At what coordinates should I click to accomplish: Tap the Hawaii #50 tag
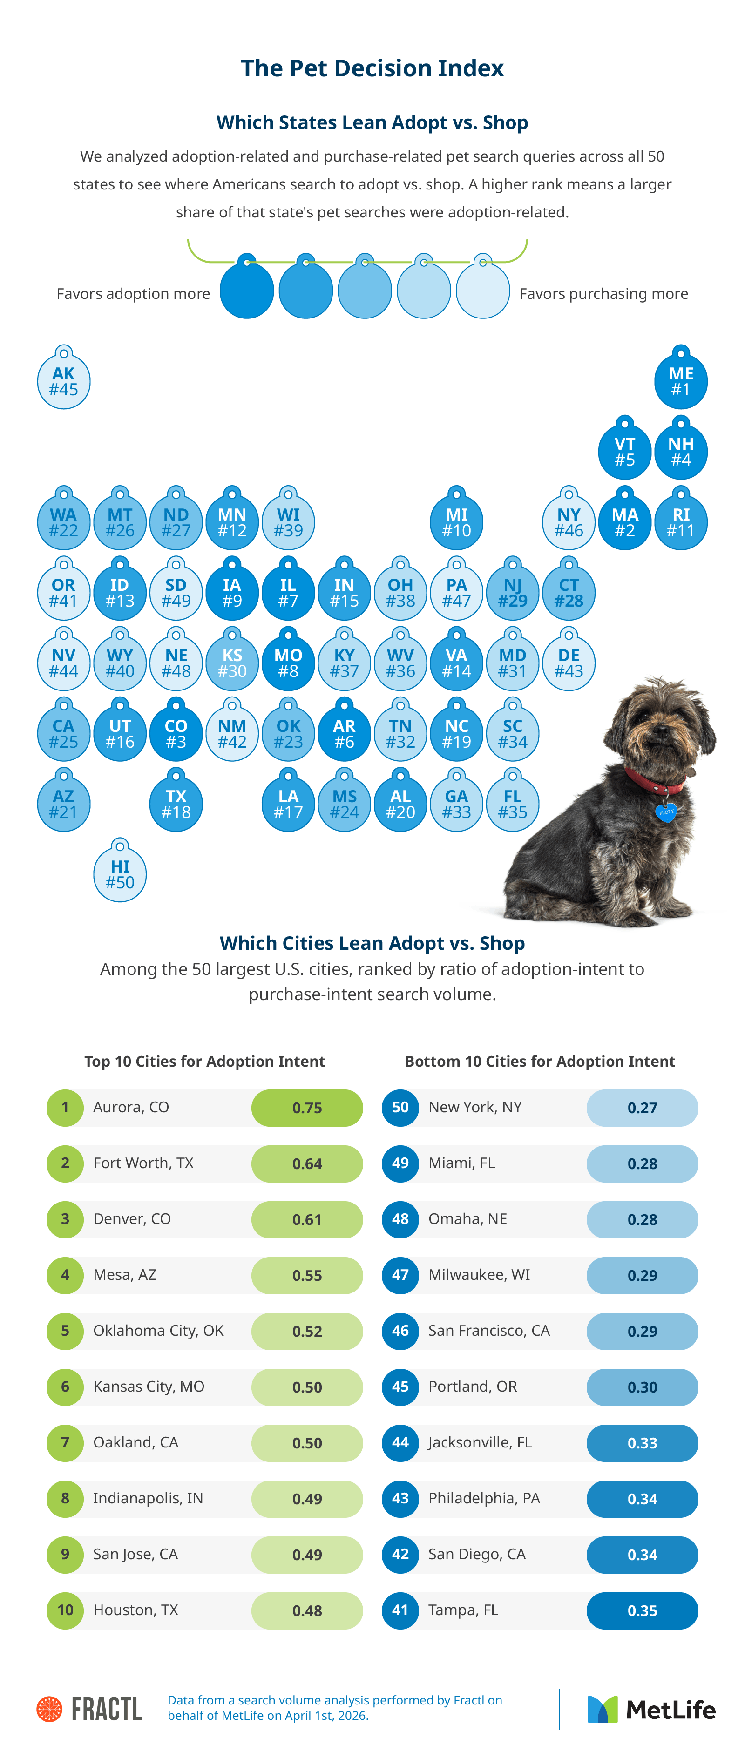(120, 874)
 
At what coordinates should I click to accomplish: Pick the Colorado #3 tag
(176, 734)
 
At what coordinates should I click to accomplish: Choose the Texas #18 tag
(176, 804)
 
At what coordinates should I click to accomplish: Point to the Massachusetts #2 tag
(624, 522)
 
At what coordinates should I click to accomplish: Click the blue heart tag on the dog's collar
(666, 812)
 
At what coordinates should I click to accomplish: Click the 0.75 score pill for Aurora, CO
(307, 1108)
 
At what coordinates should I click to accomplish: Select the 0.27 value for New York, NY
(642, 1108)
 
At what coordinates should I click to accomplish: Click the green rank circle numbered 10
(65, 1610)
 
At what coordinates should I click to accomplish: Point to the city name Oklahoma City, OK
(158, 1331)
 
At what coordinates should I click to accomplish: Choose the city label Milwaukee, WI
(479, 1275)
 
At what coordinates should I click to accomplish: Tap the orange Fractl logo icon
(49, 1709)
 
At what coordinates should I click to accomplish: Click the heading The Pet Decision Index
(372, 68)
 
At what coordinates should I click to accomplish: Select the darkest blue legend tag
(246, 290)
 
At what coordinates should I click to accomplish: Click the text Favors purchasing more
(603, 294)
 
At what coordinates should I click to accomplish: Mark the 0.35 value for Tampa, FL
(642, 1610)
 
